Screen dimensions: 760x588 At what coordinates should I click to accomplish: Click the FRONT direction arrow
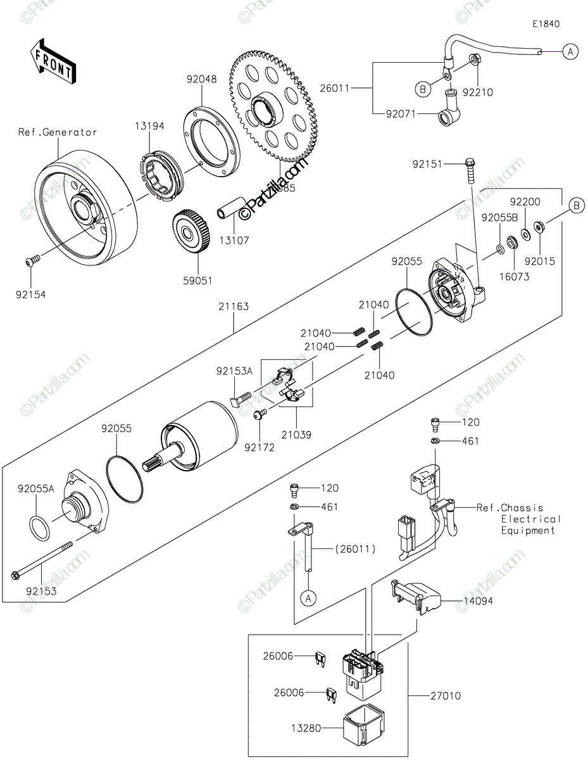pyautogui.click(x=54, y=63)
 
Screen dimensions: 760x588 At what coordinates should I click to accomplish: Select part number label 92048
pyautogui.click(x=201, y=80)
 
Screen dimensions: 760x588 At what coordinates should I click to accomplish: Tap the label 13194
pyautogui.click(x=149, y=126)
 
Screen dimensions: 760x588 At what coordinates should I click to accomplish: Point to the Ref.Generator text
pyautogui.click(x=58, y=132)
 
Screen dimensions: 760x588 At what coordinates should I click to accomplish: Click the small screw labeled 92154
pyautogui.click(x=33, y=260)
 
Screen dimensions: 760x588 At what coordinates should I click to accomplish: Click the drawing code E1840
pyautogui.click(x=546, y=24)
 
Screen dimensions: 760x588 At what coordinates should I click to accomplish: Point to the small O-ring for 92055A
pyautogui.click(x=40, y=528)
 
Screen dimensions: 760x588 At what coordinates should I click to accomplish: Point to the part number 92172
pyautogui.click(x=260, y=447)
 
